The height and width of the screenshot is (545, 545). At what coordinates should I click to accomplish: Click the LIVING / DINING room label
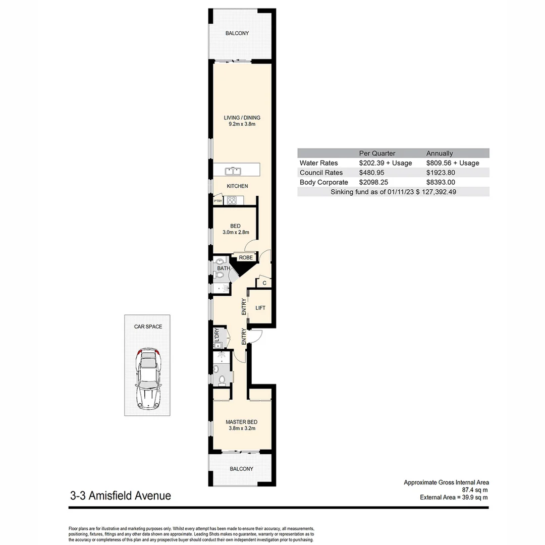[x=242, y=118]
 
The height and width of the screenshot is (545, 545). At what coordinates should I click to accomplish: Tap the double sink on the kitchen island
[x=233, y=171]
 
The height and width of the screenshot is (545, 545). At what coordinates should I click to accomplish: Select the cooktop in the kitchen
[x=232, y=200]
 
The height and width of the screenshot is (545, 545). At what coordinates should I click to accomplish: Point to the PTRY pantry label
[x=218, y=201]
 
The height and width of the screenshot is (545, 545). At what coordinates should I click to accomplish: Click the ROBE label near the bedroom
[x=246, y=257]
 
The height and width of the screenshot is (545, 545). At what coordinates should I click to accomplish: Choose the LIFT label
[x=260, y=308]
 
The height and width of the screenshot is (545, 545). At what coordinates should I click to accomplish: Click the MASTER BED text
[x=241, y=422]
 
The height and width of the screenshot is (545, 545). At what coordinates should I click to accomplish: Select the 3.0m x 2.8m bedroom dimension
[x=235, y=233]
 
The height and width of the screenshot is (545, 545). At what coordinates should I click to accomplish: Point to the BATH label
[x=224, y=268]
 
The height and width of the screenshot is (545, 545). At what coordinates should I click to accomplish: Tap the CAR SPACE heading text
[x=148, y=326]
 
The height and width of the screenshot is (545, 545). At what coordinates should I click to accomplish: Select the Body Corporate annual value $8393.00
[x=441, y=182]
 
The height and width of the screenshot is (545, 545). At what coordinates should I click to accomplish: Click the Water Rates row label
[x=318, y=163]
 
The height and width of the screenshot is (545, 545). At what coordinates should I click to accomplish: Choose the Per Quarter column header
[x=377, y=153]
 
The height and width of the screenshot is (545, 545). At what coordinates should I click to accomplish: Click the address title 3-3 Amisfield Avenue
[x=121, y=496]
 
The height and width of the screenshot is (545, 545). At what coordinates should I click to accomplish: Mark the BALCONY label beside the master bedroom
[x=241, y=469]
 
